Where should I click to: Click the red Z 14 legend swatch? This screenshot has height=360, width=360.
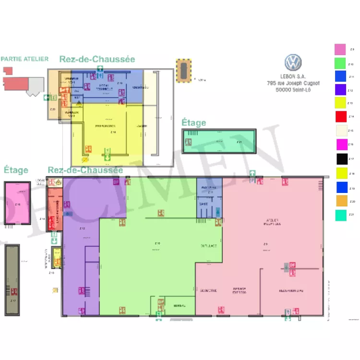tap(340, 116)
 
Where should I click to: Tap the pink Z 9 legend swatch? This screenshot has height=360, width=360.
tap(340, 49)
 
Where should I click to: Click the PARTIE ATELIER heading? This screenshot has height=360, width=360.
tap(24, 59)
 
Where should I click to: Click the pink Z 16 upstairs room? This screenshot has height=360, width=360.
tap(18, 204)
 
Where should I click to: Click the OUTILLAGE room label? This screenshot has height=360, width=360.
tap(208, 246)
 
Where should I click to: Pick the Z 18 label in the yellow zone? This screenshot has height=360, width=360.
tap(113, 132)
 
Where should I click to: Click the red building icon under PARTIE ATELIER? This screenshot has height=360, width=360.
tap(17, 83)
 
